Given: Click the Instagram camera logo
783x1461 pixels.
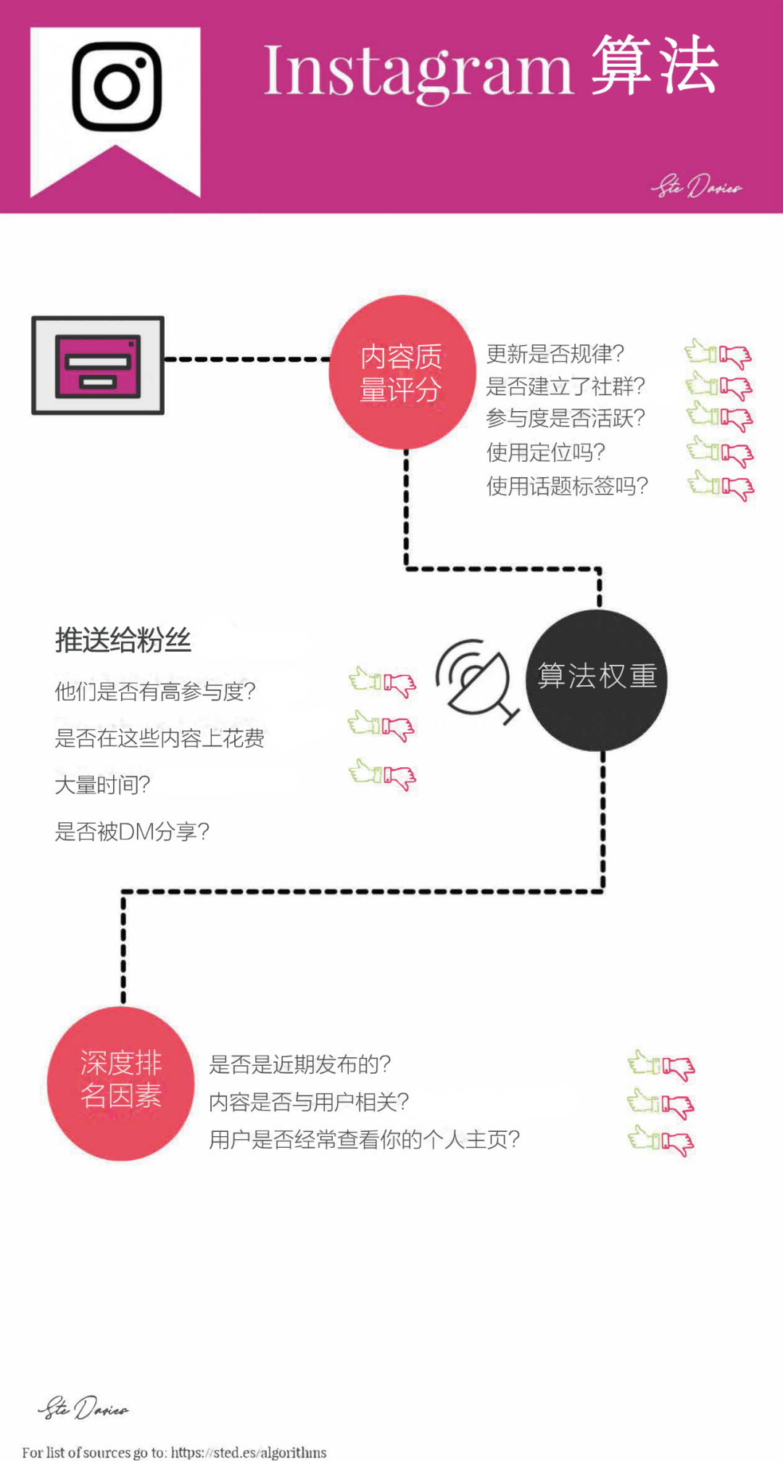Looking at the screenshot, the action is pos(117,87).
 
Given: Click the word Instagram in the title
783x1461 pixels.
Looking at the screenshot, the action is pos(418,71).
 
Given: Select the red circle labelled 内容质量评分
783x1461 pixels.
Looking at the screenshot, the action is pos(402,372).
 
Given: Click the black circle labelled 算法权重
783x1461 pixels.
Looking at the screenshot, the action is pos(597,679).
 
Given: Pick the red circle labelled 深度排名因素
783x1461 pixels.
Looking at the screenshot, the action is pos(121,1083).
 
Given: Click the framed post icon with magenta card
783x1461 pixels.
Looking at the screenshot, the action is pos(98,365).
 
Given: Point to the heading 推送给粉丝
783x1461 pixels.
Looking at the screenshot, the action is pos(123,640).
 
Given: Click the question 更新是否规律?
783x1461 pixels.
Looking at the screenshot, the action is pos(555,354).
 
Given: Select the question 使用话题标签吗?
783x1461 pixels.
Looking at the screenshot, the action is pos(567,486).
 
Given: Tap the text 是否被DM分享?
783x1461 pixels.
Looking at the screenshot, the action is pos(132,831).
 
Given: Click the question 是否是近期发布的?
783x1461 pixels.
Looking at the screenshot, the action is pos(300,1064).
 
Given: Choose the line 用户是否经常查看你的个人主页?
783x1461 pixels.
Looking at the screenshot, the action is pos(365,1140).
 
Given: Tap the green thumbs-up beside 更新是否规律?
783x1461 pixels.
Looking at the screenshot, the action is pos(701,352).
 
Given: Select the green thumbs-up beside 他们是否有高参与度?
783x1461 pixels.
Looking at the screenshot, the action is pos(365,679).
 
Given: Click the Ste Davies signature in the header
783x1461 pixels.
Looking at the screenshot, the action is pos(696,186).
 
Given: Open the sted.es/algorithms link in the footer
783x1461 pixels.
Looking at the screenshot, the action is pos(249,1452).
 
